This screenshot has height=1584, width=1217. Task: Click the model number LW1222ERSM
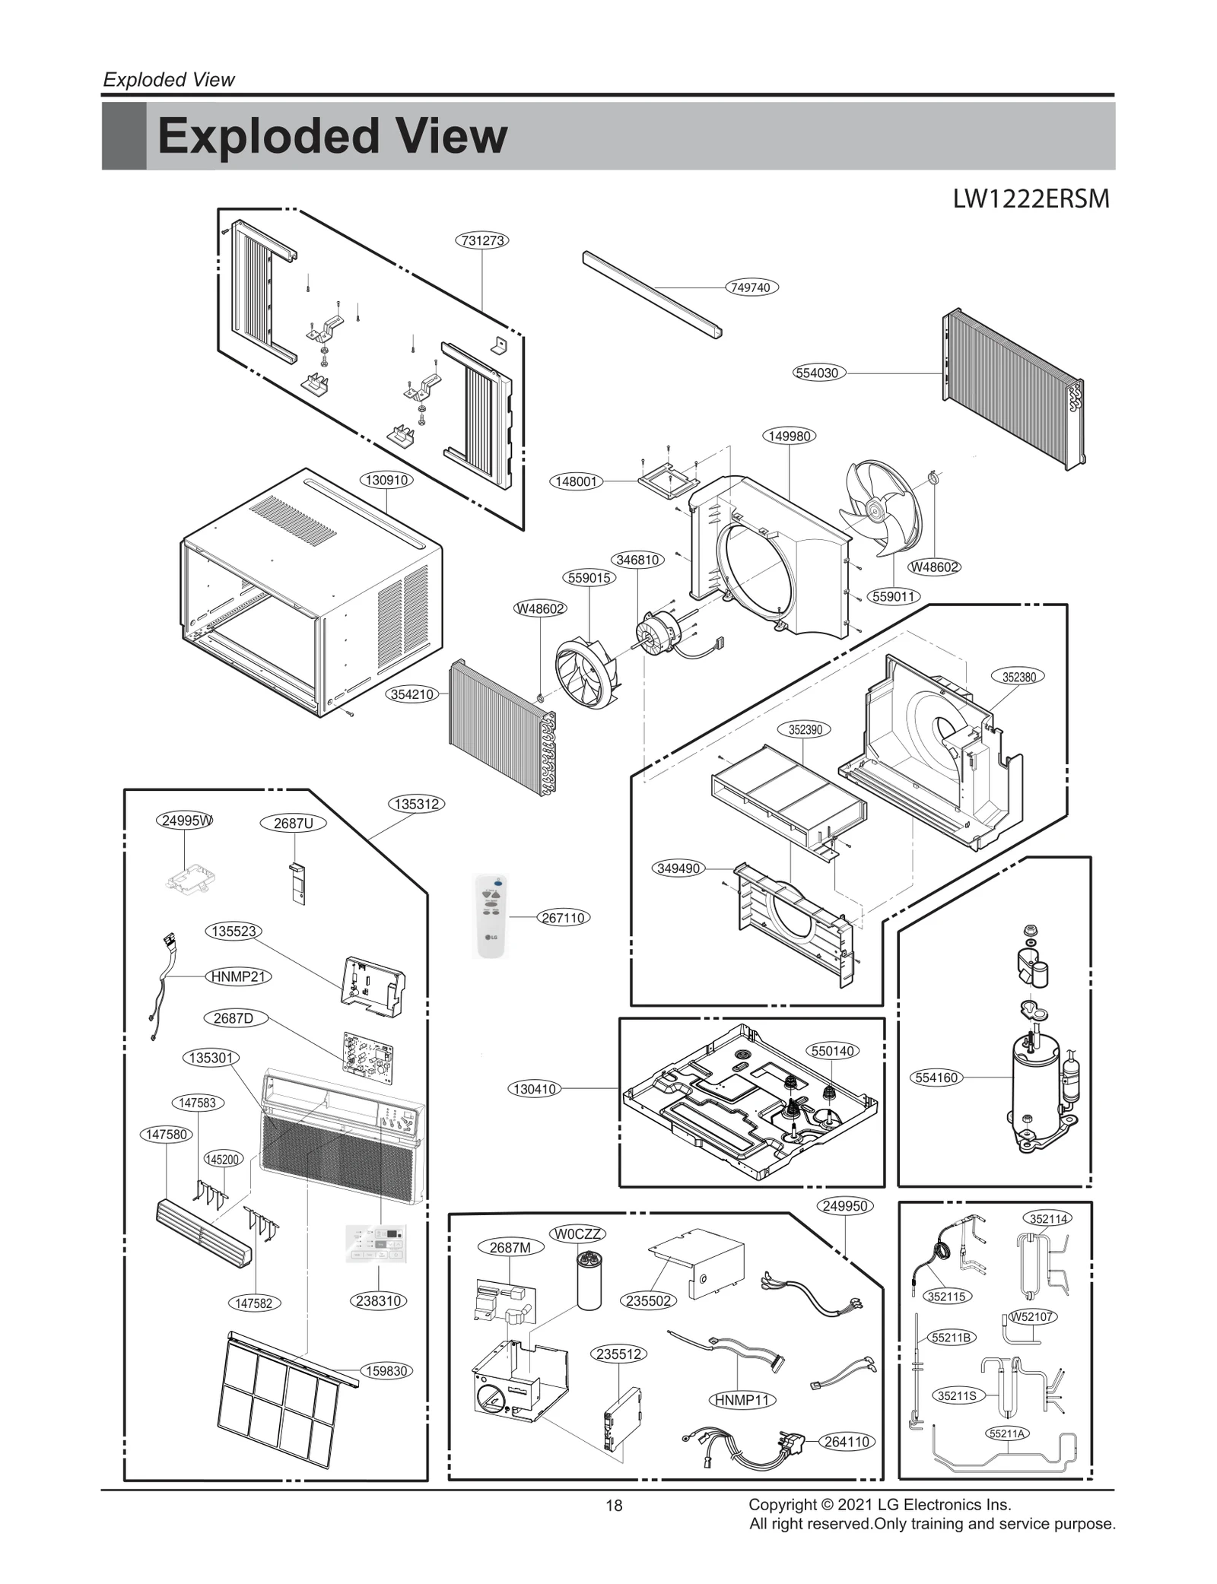(x=1031, y=199)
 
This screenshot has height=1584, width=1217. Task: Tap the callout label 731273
(x=482, y=240)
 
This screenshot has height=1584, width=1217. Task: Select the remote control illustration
(x=491, y=916)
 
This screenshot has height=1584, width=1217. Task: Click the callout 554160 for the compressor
(x=936, y=1078)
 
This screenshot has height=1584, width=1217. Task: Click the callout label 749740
(x=750, y=287)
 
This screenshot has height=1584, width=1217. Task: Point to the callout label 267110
(x=563, y=918)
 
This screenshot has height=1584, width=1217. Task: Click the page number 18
(x=614, y=1505)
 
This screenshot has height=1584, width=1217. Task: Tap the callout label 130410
(x=535, y=1089)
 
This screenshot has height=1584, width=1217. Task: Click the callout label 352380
(x=1018, y=677)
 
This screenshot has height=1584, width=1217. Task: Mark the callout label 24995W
(x=186, y=821)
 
